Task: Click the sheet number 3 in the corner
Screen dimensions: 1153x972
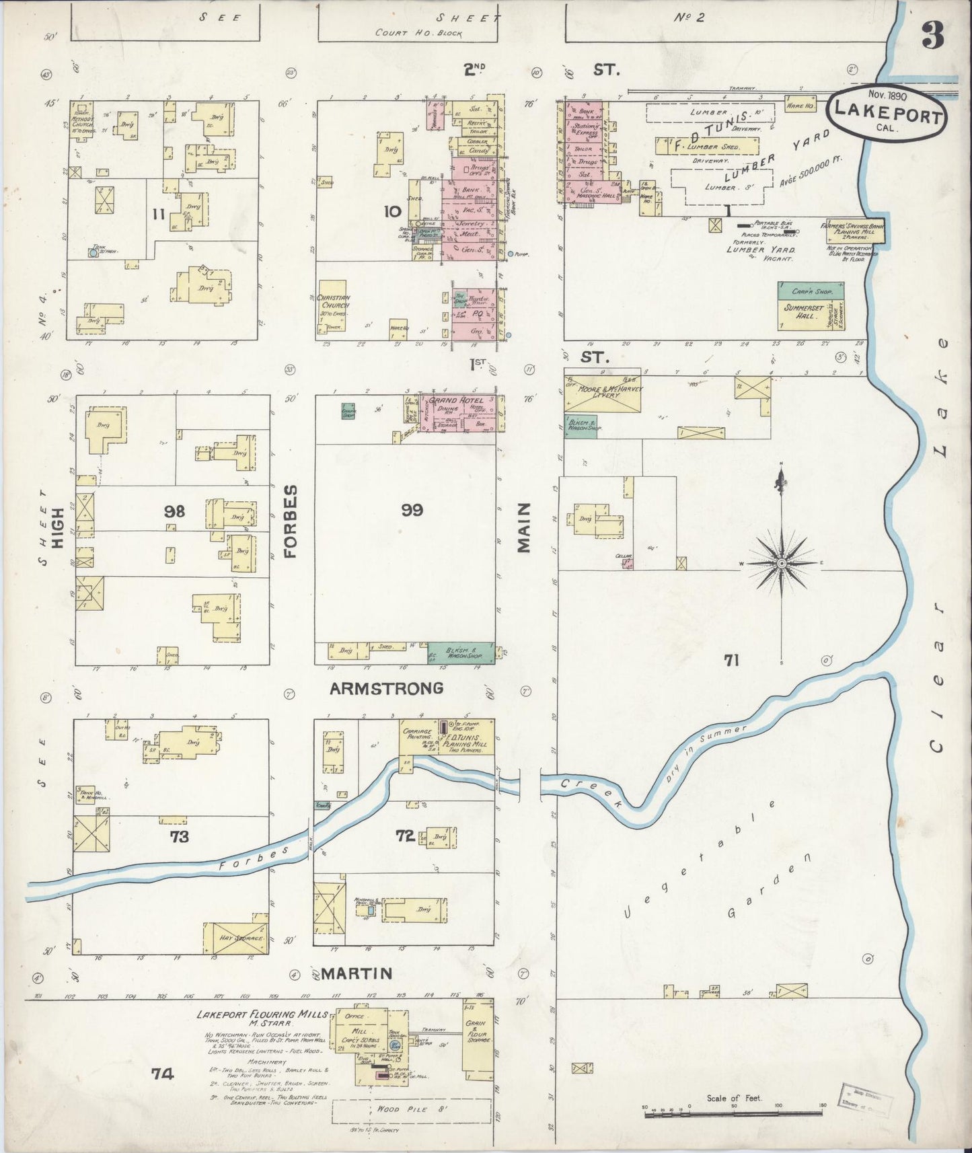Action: pyautogui.click(x=932, y=36)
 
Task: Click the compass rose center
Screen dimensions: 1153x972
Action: pyautogui.click(x=782, y=562)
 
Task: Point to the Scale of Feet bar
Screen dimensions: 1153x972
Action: pyautogui.click(x=734, y=1115)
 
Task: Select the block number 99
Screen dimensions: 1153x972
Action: pyautogui.click(x=412, y=511)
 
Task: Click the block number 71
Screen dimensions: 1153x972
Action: pyautogui.click(x=731, y=661)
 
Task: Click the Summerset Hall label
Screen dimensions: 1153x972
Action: pyautogui.click(x=804, y=311)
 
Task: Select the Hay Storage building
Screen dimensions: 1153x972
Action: pyautogui.click(x=238, y=937)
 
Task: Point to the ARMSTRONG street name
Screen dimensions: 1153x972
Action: pyautogui.click(x=387, y=688)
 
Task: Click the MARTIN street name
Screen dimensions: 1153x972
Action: pyautogui.click(x=356, y=973)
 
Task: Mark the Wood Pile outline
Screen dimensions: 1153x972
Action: pyautogui.click(x=410, y=1110)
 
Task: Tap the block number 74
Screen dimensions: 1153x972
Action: pyautogui.click(x=162, y=1074)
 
